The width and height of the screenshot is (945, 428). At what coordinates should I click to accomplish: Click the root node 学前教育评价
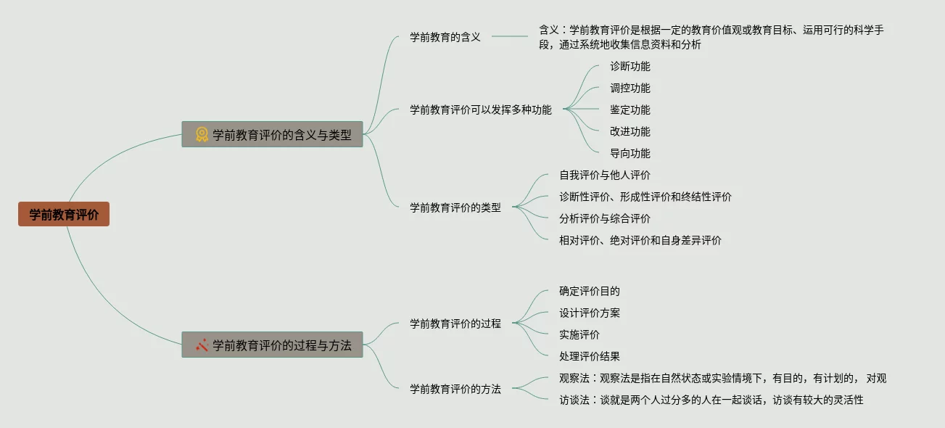pos(64,214)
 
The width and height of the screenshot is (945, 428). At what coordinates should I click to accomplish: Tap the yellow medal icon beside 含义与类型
pos(202,134)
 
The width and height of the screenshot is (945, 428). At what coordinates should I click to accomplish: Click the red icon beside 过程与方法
pos(202,345)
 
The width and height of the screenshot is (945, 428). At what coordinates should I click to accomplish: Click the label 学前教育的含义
pos(445,37)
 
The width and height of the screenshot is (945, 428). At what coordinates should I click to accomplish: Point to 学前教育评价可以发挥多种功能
pos(480,110)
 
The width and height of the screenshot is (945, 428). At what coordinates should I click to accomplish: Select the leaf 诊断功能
pos(630,66)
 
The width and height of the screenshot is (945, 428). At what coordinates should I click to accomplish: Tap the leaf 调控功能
pos(630,88)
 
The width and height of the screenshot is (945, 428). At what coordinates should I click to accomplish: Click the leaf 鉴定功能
pos(630,110)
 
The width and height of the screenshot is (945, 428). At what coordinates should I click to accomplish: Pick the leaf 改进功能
pos(630,131)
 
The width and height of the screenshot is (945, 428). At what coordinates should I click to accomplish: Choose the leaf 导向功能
pos(630,153)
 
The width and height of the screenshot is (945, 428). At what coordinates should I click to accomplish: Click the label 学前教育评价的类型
pos(455,207)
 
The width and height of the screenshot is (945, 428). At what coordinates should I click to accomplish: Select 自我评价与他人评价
pos(604,175)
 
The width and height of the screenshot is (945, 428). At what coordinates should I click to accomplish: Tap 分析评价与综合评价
pos(604,218)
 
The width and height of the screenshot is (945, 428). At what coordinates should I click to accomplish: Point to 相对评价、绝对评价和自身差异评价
pos(640,240)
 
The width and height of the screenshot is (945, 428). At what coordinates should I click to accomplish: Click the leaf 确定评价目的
pos(589,291)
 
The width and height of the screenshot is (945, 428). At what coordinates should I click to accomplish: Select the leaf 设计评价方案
pos(589,313)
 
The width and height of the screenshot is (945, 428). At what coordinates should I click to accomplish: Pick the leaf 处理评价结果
pos(589,356)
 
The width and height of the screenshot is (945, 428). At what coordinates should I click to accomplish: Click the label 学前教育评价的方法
pos(455,388)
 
